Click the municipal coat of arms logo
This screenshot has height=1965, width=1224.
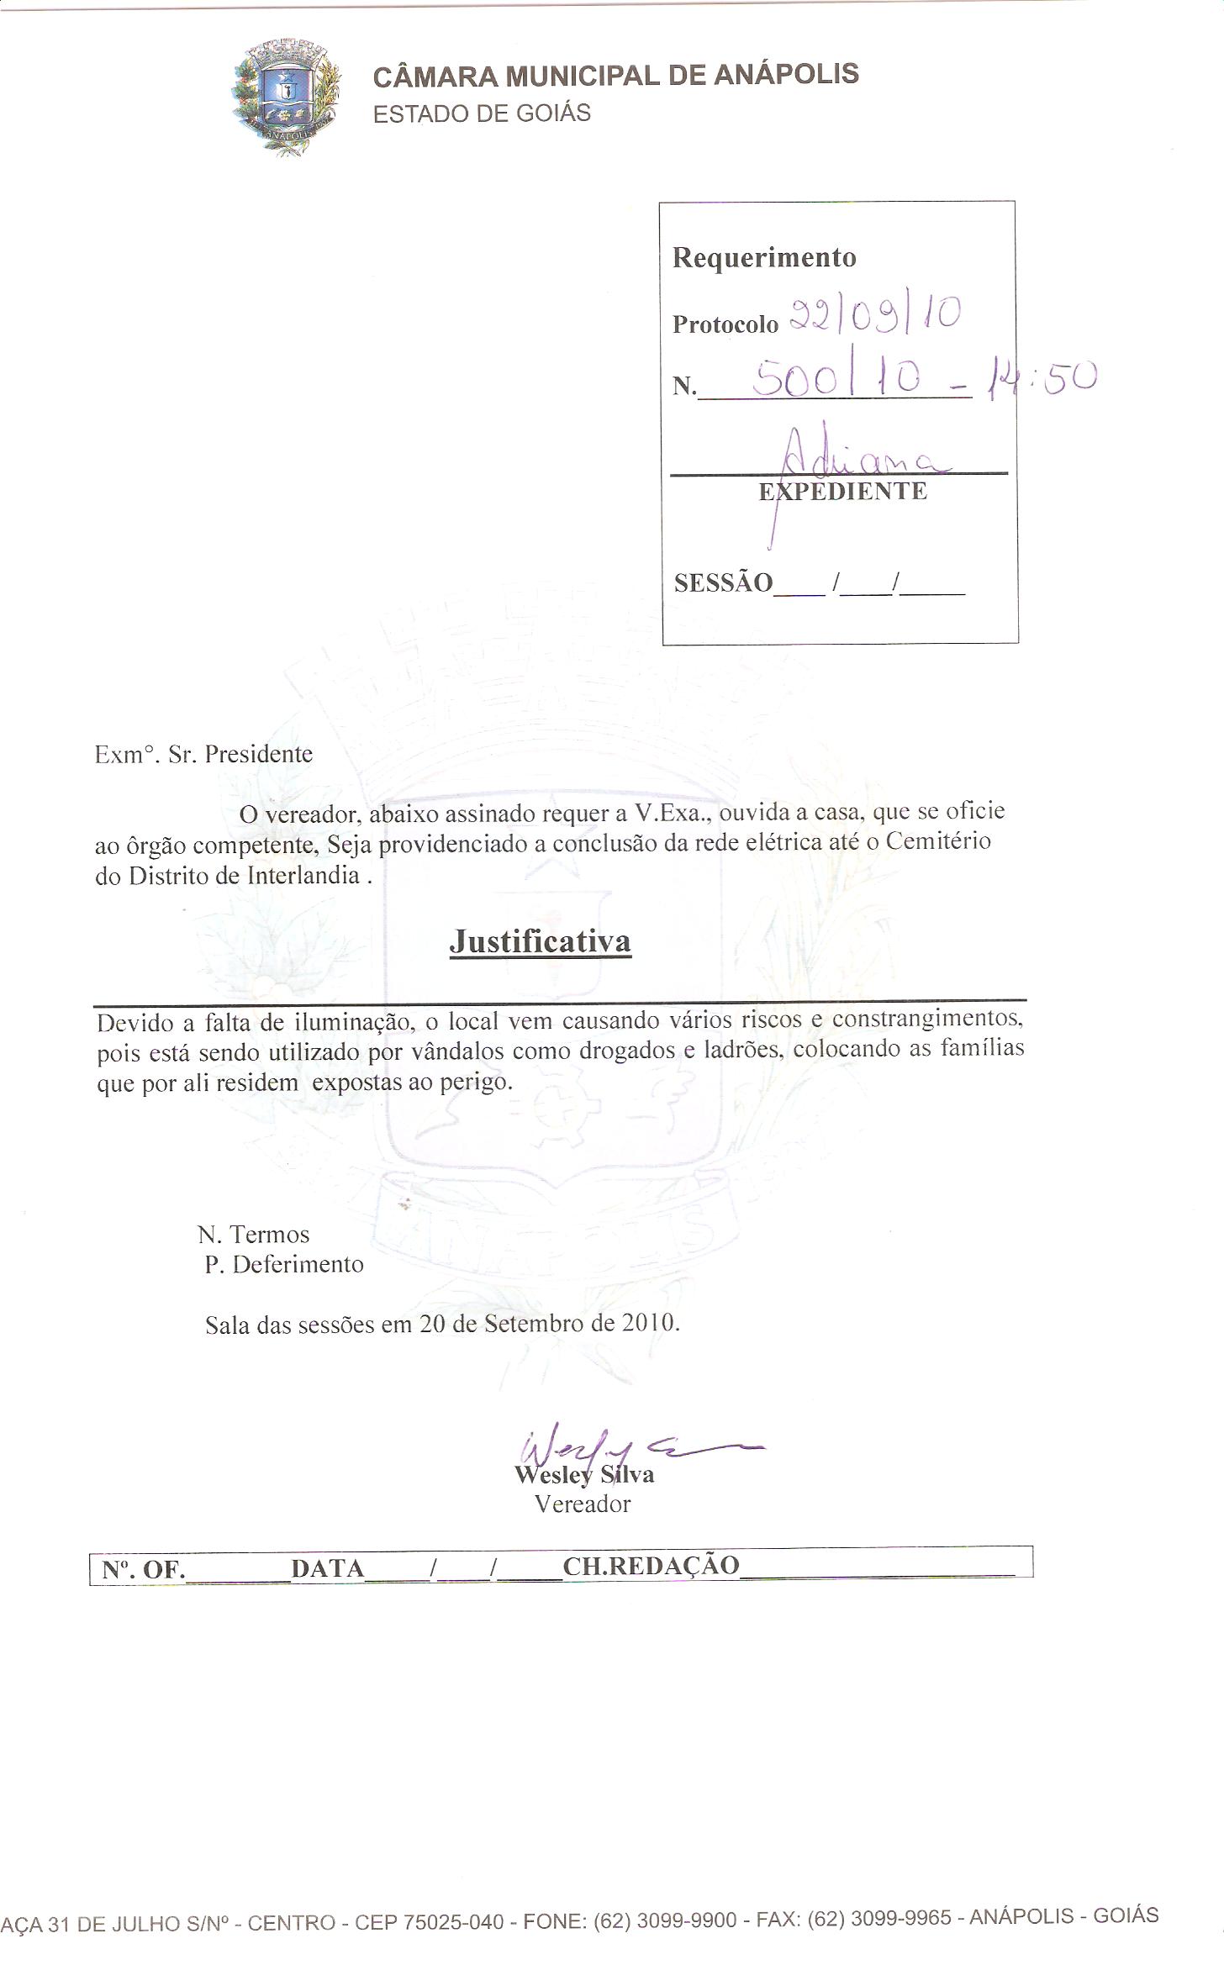286,97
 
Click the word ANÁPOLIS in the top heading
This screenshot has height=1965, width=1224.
786,75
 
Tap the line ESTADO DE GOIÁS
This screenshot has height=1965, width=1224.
482,113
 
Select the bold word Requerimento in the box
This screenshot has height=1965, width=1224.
764,257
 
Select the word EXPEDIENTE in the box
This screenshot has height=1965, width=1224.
843,492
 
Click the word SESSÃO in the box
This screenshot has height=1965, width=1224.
723,582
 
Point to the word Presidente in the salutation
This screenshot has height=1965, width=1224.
259,754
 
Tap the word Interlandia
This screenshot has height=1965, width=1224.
303,875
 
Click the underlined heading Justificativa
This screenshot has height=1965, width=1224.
540,941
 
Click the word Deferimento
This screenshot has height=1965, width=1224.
298,1264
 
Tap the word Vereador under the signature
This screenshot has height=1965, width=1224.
583,1504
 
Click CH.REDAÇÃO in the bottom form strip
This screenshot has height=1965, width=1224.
651,1565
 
